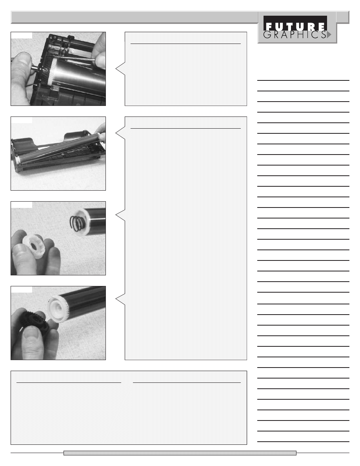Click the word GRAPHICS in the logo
pyautogui.click(x=295, y=35)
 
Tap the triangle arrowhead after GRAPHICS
pyautogui.click(x=329, y=35)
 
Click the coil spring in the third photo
pyautogui.click(x=77, y=223)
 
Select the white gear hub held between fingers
pyautogui.click(x=34, y=244)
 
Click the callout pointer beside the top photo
pyautogui.click(x=120, y=69)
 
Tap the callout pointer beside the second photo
pyautogui.click(x=120, y=133)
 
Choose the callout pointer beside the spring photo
pyautogui.click(x=120, y=215)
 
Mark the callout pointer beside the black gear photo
pyautogui.click(x=120, y=299)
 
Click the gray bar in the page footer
pyautogui.click(x=180, y=453)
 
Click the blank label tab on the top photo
pyautogui.click(x=22, y=35)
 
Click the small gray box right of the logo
pyautogui.click(x=343, y=17)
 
